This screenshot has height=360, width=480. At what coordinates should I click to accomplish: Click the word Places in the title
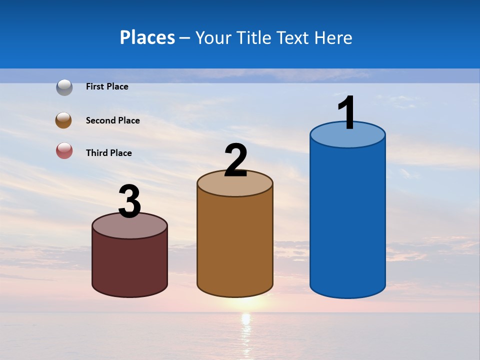pos(147,37)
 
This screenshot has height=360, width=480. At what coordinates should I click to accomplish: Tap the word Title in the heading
pos(253,37)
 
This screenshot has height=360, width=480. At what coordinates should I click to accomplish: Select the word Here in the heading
pos(332,37)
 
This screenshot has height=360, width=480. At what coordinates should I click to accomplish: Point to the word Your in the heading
pos(213,37)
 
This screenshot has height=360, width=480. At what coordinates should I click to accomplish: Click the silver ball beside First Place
pos(64,87)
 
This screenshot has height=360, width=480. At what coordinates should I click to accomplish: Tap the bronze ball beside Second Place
pos(63,120)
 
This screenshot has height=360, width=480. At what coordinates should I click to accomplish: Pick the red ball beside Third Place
pos(64,150)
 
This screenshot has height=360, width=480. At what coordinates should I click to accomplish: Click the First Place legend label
pos(107,86)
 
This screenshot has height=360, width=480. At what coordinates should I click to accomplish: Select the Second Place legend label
pos(112,120)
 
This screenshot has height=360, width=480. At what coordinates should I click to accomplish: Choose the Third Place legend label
pos(108,153)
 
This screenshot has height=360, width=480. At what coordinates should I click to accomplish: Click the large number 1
pos(346,113)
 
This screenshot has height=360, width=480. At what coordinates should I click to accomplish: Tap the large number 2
pos(236,160)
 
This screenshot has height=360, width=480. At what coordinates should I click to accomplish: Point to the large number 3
pos(129,201)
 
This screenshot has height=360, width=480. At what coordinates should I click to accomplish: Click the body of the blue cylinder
pos(347,220)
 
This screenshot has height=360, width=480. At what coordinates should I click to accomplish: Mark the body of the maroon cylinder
pos(129,265)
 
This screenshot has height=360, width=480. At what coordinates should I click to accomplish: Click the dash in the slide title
pos(184,38)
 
